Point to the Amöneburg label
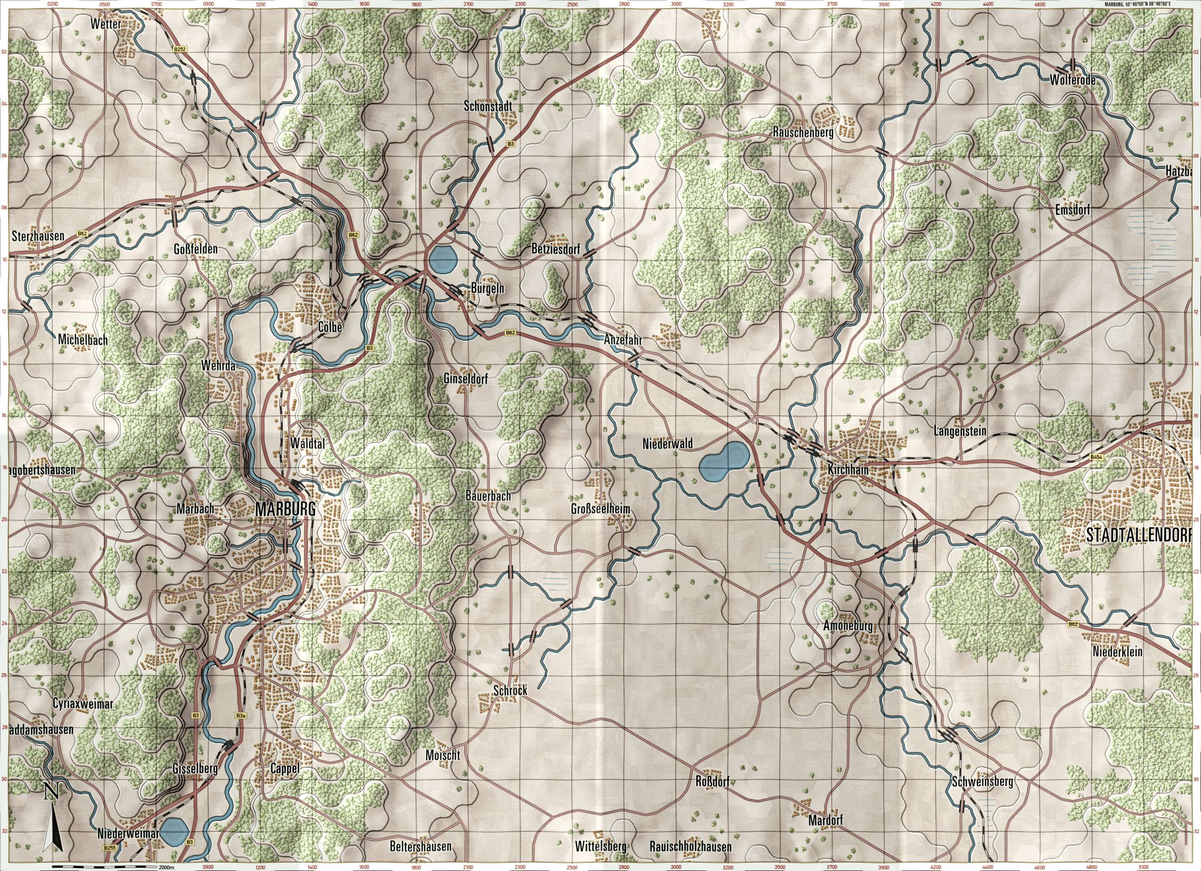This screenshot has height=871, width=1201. point(848,626)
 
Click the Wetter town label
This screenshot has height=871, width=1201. point(106,24)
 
